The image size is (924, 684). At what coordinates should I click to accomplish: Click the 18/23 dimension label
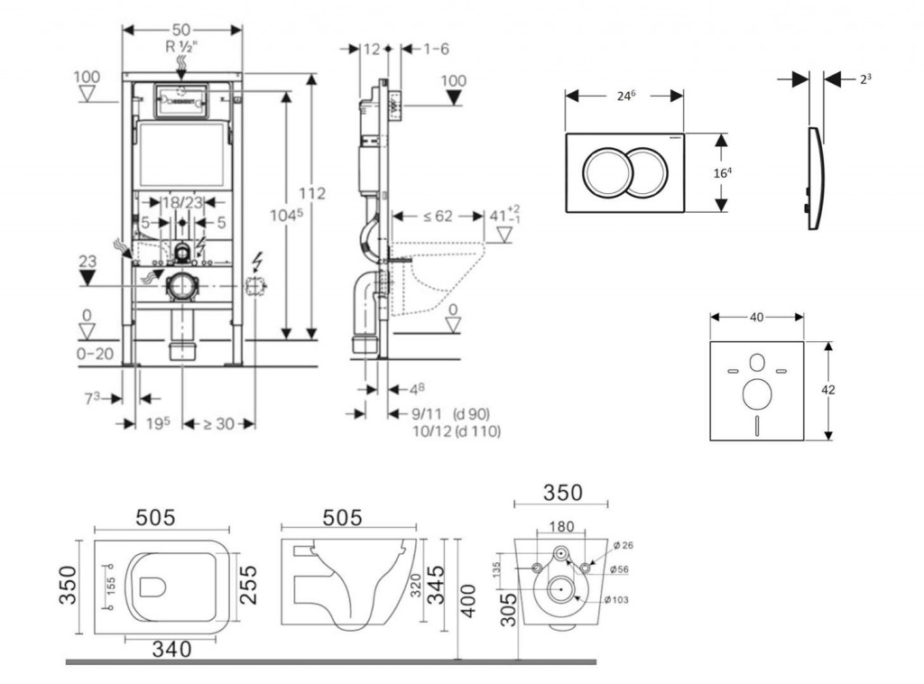182,204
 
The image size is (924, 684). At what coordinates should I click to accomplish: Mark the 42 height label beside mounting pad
828,390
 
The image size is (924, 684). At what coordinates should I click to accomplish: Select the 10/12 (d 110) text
456,431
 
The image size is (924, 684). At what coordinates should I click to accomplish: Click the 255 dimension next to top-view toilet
249,586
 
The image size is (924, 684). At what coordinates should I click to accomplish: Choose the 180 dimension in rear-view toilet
559,526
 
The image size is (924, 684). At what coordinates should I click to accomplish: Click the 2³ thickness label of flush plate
865,79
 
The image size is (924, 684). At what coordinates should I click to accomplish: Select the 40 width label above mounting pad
756,317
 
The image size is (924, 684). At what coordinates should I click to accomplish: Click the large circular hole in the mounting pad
755,394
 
